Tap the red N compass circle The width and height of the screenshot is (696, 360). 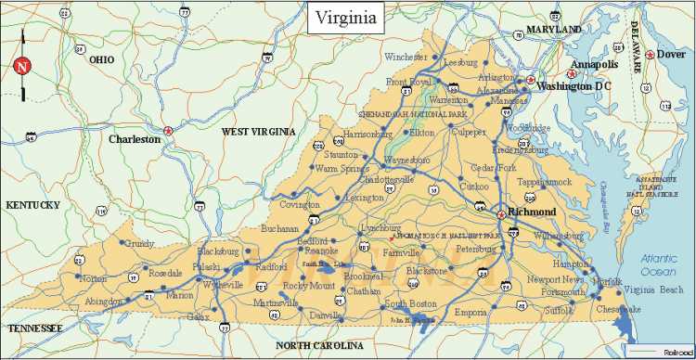click(x=22, y=67)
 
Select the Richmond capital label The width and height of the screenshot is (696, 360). click(x=533, y=212)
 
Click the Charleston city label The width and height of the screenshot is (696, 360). click(x=135, y=139)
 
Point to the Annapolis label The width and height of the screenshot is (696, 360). click(x=594, y=64)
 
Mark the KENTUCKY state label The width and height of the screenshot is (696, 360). click(x=32, y=204)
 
